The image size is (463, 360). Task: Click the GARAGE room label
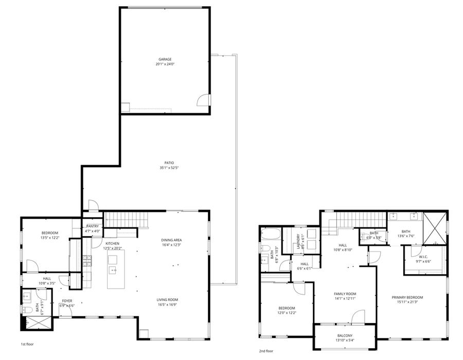(x=165, y=59)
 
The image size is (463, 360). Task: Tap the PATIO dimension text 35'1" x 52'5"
(x=165, y=168)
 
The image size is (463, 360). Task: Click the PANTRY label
(x=93, y=226)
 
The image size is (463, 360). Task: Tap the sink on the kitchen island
(x=113, y=269)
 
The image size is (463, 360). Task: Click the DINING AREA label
(x=171, y=240)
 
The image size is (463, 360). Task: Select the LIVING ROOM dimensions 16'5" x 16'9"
(x=168, y=304)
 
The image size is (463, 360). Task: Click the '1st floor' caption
(x=27, y=344)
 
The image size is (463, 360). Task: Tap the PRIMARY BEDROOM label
(x=407, y=297)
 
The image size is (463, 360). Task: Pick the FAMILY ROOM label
(x=345, y=294)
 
